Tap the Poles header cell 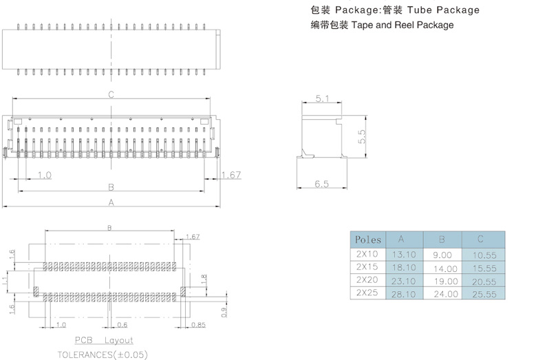click(368, 240)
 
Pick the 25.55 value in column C click(482, 293)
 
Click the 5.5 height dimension click(362, 136)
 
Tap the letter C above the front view click(111, 96)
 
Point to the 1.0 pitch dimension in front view click(44, 176)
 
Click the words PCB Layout click(104, 341)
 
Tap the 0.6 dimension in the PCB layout click(122, 324)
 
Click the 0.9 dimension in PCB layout click(226, 312)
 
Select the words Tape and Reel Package click(403, 25)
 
